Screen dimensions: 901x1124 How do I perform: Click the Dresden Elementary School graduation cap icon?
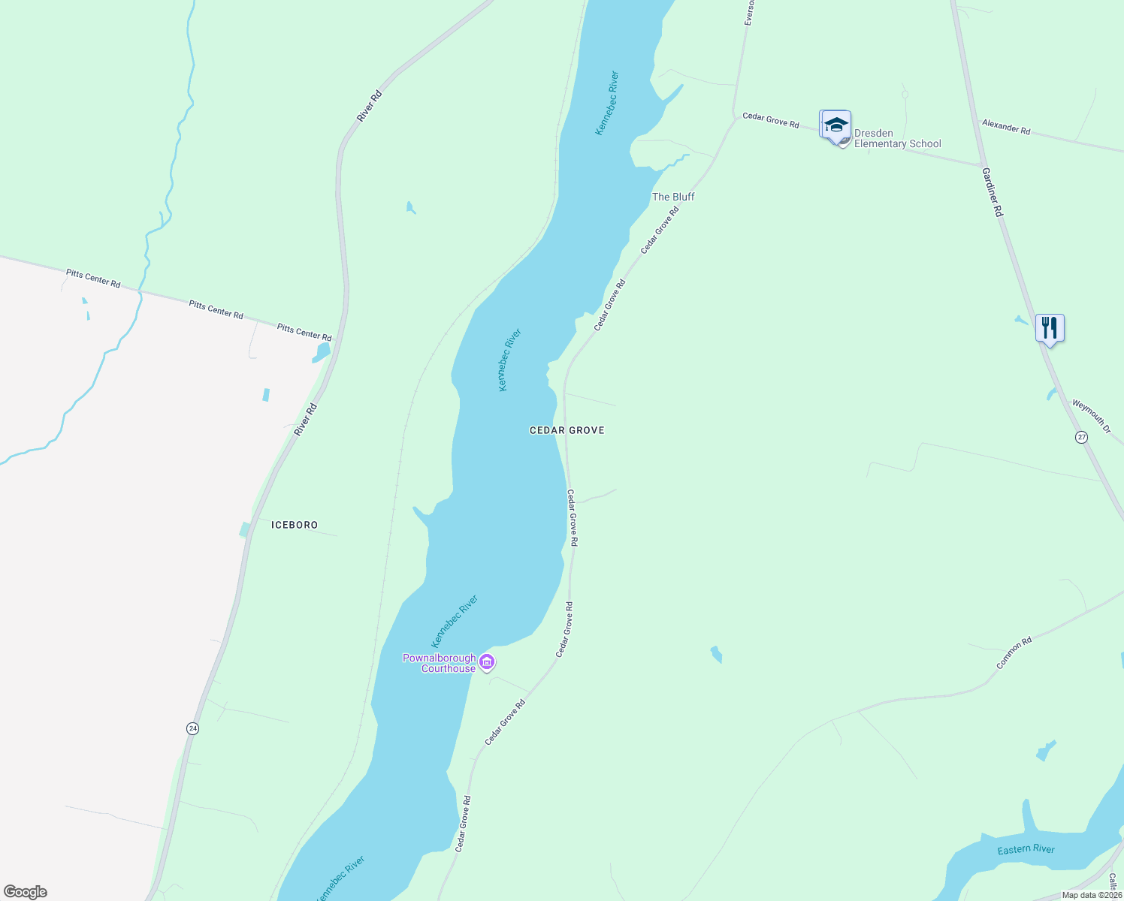click(x=835, y=125)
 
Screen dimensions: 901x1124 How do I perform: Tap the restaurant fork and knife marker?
click(x=1050, y=328)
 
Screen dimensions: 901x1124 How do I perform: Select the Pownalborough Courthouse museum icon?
click(x=487, y=662)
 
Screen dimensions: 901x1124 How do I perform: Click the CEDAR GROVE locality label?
click(x=567, y=430)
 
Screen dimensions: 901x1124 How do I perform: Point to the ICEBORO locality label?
click(x=295, y=525)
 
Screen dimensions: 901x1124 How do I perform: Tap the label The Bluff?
click(x=673, y=197)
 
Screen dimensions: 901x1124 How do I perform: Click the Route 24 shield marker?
click(x=193, y=728)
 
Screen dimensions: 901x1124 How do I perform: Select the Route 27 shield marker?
click(x=1081, y=437)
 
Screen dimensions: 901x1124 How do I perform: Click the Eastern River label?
click(x=1026, y=850)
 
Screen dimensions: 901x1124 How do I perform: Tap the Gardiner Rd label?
click(x=993, y=192)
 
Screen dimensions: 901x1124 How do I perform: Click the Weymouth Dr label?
click(x=1091, y=415)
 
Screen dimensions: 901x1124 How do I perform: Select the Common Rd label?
click(x=1014, y=653)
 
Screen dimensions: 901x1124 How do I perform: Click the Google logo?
click(x=26, y=892)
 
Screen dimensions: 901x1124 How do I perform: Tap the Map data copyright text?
click(x=1092, y=895)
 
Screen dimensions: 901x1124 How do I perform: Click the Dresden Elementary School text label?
click(x=897, y=139)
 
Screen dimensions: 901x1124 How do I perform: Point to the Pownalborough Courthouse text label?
click(x=440, y=664)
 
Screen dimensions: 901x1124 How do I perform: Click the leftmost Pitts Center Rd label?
click(x=93, y=279)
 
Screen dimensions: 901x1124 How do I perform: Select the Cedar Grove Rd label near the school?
click(x=771, y=119)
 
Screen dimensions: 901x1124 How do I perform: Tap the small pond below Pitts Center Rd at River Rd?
click(x=322, y=352)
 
